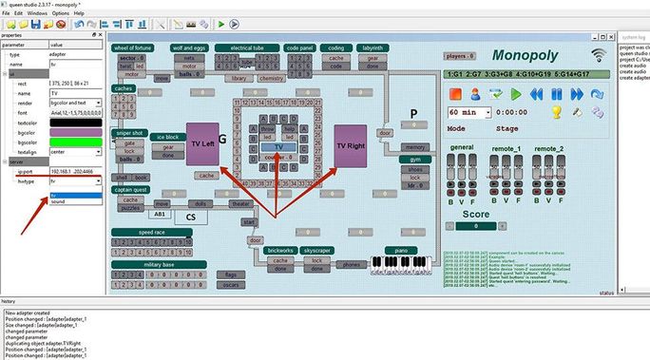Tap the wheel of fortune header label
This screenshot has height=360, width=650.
point(133,47)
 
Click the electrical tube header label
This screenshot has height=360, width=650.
point(246,47)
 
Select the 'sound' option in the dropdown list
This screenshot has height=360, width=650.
point(59,201)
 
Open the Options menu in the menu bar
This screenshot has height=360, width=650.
point(61,13)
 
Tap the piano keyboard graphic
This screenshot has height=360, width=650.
point(407,261)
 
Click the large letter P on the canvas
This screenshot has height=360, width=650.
point(412,115)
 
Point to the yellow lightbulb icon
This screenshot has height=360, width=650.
point(557,111)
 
